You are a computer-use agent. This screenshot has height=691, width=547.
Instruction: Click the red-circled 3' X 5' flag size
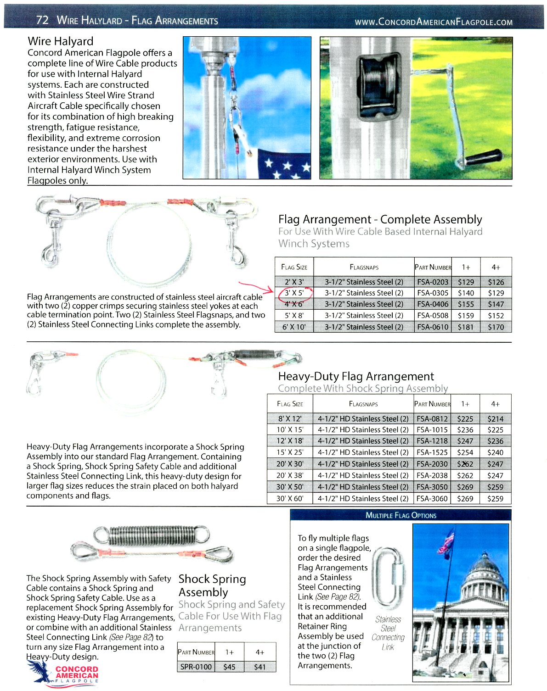[x=294, y=293]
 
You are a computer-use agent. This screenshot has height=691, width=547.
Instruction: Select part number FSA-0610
[x=432, y=327]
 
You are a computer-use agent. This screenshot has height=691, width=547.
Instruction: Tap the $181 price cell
[x=465, y=327]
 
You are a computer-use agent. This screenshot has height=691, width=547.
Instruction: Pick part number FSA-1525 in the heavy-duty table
[x=432, y=452]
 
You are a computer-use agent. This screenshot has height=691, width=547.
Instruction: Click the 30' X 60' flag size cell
[x=290, y=498]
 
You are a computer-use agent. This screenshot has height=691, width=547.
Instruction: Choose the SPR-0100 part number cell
[x=196, y=667]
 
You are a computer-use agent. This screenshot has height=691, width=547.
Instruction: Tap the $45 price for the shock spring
[x=229, y=667]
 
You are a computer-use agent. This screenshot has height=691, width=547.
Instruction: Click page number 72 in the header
[x=42, y=20]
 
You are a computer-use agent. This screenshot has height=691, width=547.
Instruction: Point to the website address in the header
[x=434, y=22]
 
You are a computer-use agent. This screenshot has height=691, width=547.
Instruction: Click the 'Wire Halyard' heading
[x=60, y=41]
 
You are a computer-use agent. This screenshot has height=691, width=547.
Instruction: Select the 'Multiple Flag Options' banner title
[x=400, y=515]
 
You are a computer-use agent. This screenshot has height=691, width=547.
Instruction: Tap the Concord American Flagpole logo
[x=64, y=673]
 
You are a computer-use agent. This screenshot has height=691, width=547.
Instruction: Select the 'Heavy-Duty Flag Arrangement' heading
[x=355, y=377]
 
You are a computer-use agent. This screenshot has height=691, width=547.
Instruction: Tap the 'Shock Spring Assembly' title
[x=212, y=585]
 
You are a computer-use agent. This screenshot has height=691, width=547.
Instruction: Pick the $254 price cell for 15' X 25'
[x=465, y=452]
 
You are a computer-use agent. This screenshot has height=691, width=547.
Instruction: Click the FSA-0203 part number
[x=432, y=282]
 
